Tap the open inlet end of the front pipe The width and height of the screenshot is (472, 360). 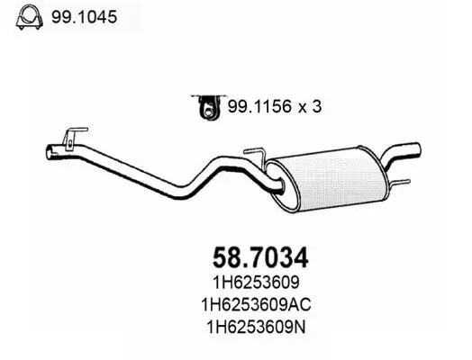click(50, 154)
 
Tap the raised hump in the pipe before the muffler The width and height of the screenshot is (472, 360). click(226, 164)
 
